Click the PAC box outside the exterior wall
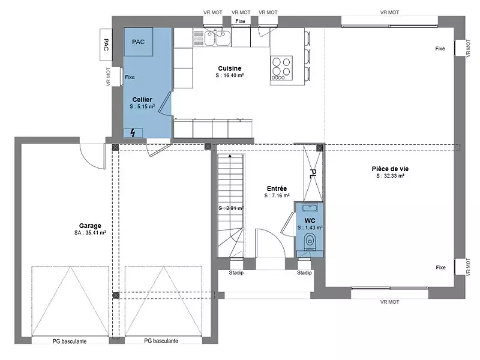coord(106,44)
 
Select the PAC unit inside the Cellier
coord(139,43)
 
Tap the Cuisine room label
coord(229,68)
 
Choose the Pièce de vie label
coord(390,169)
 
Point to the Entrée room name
coord(277,188)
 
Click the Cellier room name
coord(142,99)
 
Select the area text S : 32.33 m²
coord(390,176)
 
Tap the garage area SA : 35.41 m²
coord(90,233)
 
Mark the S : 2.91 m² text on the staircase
coord(230,208)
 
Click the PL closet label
coord(313,174)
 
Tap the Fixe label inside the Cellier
coord(130,77)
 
